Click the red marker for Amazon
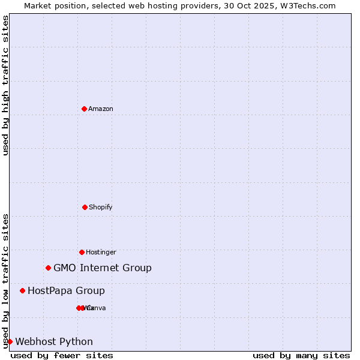[84, 109]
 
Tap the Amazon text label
[101, 109]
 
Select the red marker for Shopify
[85, 207]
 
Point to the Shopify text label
[101, 207]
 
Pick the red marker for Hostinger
[82, 252]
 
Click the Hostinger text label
[101, 252]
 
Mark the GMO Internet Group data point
[48, 268]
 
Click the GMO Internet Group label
[103, 268]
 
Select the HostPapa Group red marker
[22, 290]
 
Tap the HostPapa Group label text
[66, 290]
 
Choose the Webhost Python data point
[10, 341]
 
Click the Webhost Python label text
[54, 341]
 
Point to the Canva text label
[98, 308]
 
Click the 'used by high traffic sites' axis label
[5, 86]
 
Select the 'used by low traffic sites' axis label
[5, 281]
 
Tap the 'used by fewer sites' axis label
[62, 355]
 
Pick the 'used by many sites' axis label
[301, 355]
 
